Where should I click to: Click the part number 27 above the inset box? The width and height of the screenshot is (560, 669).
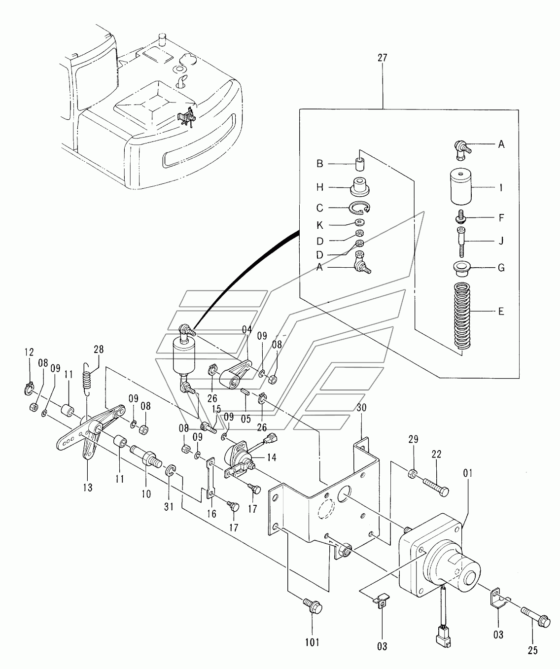coord(383,58)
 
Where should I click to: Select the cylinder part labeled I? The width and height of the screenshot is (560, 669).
coord(461,186)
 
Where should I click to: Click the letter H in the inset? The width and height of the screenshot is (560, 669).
coord(320,187)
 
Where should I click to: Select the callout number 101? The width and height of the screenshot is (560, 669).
coord(312,642)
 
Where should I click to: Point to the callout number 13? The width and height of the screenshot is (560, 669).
coord(88,488)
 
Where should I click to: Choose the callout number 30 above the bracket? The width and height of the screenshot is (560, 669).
coord(361,408)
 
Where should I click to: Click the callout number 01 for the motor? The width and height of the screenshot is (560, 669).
coord(468,473)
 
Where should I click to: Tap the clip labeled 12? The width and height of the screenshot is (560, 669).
coord(29,389)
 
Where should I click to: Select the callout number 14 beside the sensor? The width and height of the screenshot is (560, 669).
coord(271,457)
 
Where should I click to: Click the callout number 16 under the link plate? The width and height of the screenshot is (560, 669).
coord(212,514)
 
